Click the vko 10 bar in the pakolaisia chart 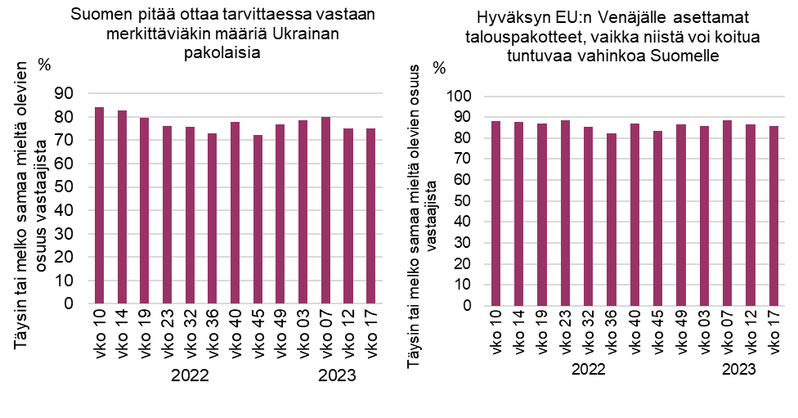pos(99,205)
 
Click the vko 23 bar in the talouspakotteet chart pos(563,213)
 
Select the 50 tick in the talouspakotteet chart pos(465,201)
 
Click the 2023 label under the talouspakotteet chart pos(739,370)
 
